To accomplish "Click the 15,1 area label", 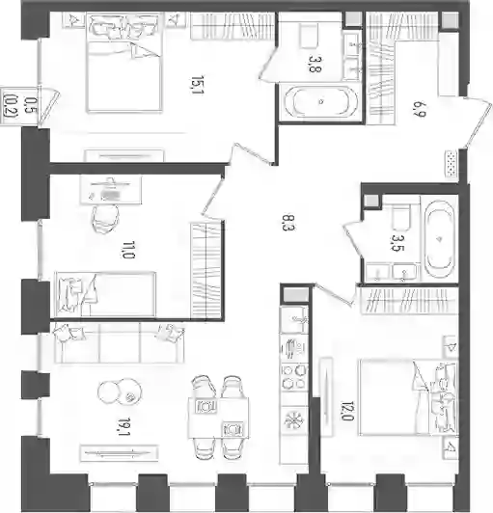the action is [x=197, y=85].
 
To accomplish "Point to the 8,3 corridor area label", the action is [x=288, y=222].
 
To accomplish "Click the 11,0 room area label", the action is [x=128, y=250].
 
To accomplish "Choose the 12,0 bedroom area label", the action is [x=348, y=411].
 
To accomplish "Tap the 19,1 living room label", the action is [x=124, y=426].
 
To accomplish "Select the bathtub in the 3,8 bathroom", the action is [x=321, y=101].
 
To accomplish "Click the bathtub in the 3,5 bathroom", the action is [x=439, y=239].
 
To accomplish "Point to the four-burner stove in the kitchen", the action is [x=294, y=376].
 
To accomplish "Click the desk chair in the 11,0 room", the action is [x=105, y=218].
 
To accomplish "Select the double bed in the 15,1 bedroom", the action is [x=124, y=64].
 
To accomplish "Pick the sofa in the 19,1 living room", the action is [x=119, y=343].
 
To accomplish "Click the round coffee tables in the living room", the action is [x=120, y=391].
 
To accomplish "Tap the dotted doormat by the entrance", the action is [x=452, y=164].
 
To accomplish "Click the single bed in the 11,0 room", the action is [x=105, y=294].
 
